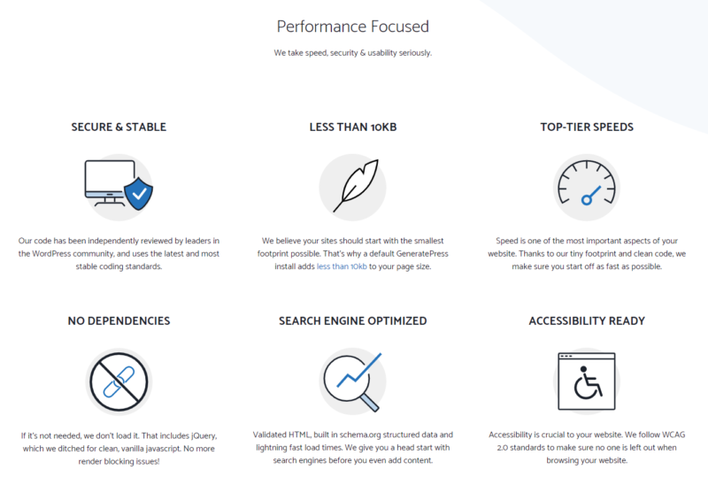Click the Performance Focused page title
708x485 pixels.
point(352,27)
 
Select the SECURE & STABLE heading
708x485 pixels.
point(119,127)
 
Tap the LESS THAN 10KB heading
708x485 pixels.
point(353,127)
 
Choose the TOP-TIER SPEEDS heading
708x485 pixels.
point(587,127)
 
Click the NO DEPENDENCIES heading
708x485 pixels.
point(119,320)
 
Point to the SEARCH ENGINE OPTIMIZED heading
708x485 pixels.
point(352,320)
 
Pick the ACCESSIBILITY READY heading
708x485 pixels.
point(587,320)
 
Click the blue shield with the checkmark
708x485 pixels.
point(139,194)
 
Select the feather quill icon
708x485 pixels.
point(357,184)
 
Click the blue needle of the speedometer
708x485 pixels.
point(591,195)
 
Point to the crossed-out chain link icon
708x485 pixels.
point(119,381)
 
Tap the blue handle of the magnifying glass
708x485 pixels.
point(370,403)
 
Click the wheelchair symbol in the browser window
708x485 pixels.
point(588,383)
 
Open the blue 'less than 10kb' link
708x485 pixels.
point(342,266)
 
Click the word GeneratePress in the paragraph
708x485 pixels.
point(422,254)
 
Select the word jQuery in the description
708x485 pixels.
point(204,436)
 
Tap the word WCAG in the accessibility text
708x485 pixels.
point(673,435)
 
